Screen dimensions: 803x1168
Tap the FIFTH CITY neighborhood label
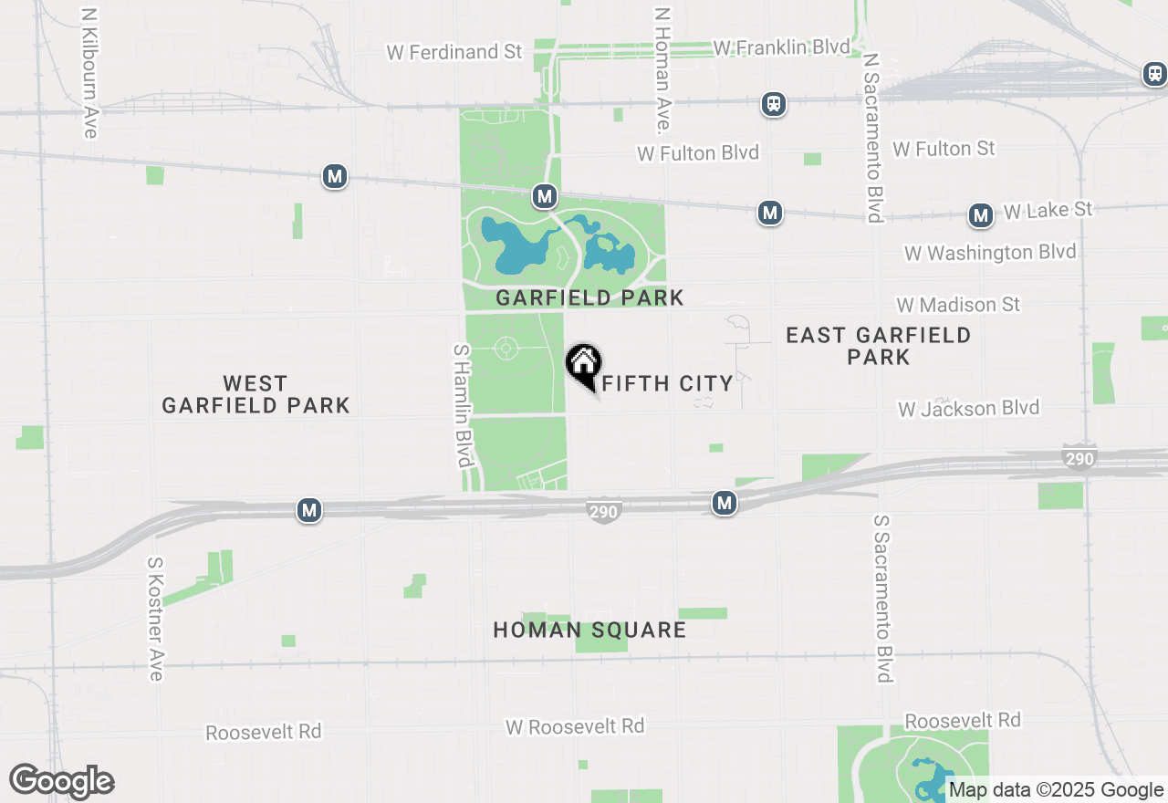pos(668,384)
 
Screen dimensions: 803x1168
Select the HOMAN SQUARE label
pos(589,630)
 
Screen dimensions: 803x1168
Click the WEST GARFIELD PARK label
pos(255,394)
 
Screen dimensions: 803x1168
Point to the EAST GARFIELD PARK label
pos(878,346)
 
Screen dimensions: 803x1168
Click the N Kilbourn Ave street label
pos(89,74)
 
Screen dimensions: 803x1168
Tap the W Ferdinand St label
pos(454,52)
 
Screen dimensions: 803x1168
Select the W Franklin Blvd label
pos(781,47)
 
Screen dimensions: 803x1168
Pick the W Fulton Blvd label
pos(698,153)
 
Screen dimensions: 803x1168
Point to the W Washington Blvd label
pos(990,252)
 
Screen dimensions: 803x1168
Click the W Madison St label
pos(958,305)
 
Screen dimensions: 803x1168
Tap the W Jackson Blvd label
pos(968,408)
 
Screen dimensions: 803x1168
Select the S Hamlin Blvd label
pos(462,405)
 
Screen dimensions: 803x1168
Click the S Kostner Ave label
pos(155,618)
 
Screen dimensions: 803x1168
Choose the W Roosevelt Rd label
pos(575,726)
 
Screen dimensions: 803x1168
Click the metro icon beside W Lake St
pos(981,215)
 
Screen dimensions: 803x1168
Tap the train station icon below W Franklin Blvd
pos(774,104)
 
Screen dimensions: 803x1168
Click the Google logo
pos(61,781)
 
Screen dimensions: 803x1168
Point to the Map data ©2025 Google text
pos(1056,790)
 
